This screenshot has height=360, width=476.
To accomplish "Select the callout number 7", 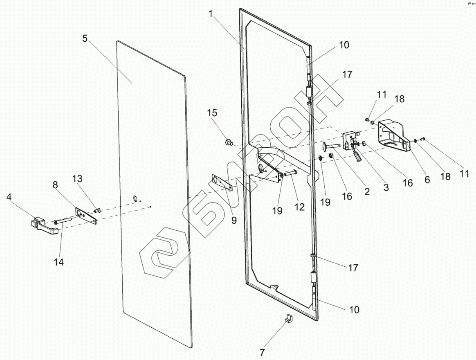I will tap(263, 352).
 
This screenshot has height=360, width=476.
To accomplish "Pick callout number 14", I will tap(59, 262).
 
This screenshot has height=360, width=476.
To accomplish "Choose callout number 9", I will tap(234, 220).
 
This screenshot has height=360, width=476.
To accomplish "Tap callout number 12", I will tap(299, 207).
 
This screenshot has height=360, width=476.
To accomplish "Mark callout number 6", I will tap(428, 180).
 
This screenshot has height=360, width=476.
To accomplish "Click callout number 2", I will tap(366, 191).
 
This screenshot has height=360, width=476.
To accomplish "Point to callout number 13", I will tap(77, 178).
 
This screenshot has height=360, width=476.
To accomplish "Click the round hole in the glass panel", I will tap(135, 199).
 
